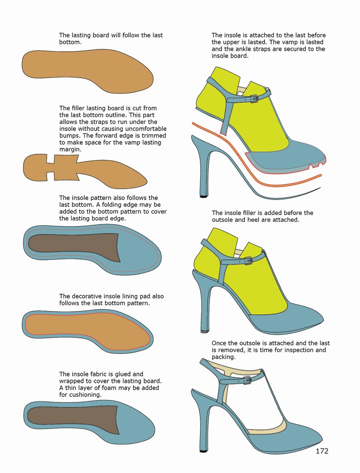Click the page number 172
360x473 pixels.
[321, 451]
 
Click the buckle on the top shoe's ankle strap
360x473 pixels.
[254, 98]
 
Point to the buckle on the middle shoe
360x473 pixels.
[248, 260]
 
